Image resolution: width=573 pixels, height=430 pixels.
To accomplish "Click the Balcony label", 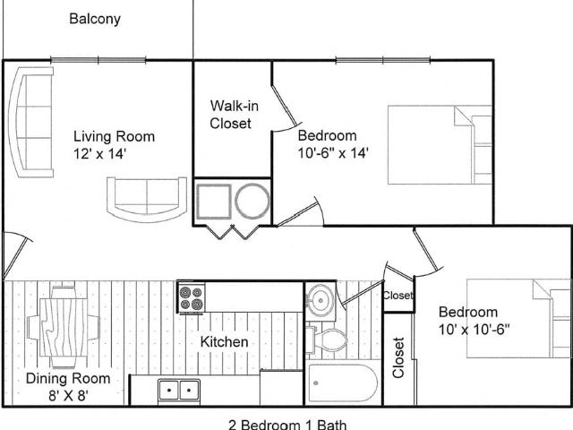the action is [x=95, y=19].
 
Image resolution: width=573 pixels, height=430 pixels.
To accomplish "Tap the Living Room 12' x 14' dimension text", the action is [x=99, y=154].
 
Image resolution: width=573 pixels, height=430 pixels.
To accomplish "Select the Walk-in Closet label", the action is [x=234, y=115].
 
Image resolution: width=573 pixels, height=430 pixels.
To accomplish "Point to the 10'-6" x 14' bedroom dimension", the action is [x=332, y=153].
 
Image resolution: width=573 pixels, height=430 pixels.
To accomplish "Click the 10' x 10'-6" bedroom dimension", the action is [x=474, y=330].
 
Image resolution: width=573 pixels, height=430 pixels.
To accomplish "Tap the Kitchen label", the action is [x=224, y=342].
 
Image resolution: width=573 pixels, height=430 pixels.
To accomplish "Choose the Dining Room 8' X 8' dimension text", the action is [x=68, y=395].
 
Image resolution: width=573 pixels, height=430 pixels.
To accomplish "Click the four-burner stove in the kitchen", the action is [x=192, y=298].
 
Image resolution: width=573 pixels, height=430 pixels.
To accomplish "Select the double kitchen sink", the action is [x=179, y=391].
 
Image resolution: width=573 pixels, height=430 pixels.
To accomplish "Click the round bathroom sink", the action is [x=320, y=300].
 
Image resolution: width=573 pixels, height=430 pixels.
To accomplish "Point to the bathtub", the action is [x=342, y=383].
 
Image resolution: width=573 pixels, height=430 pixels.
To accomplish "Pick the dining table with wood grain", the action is [x=64, y=327].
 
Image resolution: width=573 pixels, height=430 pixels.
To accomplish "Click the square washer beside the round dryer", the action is [x=214, y=202].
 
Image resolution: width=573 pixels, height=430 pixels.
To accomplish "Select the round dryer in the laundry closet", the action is [x=252, y=201].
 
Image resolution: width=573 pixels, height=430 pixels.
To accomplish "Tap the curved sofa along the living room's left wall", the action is [x=31, y=122].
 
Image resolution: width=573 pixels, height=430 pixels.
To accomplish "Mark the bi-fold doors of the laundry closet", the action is [x=233, y=233].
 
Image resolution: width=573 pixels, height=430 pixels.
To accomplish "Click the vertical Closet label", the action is [x=398, y=357].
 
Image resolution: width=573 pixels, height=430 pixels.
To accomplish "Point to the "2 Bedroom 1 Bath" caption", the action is [x=287, y=425].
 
